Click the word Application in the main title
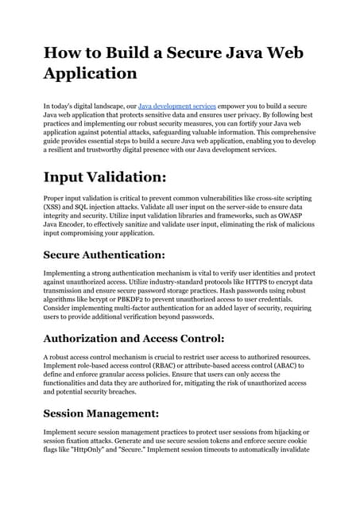(90, 73)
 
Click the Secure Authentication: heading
(103, 254)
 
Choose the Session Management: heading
(101, 414)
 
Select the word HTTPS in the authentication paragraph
(242, 282)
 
